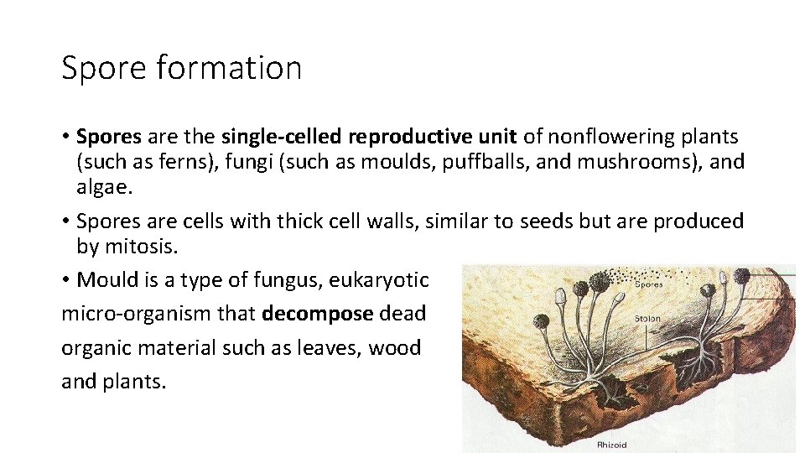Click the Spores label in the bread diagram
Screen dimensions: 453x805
647,284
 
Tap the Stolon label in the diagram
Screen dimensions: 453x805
647,319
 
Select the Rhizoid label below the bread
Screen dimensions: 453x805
611,445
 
